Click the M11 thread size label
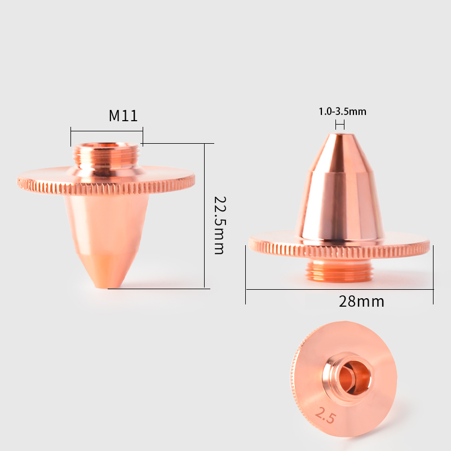coord(123,116)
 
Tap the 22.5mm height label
coord(220,225)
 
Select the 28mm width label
coord(361,302)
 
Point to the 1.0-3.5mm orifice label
coord(342,111)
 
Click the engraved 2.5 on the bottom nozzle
coord(325,415)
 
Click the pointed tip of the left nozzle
coord(107,286)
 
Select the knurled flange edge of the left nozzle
coord(106,187)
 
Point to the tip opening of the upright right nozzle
coord(340,134)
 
